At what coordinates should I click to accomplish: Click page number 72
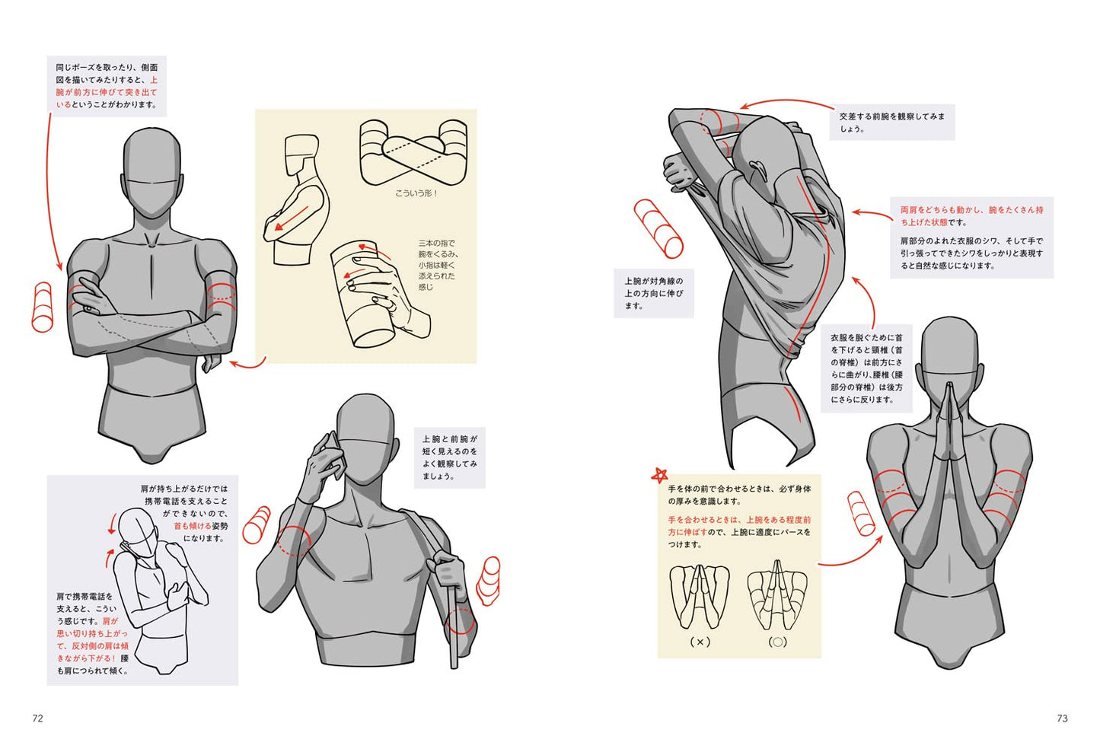point(38,719)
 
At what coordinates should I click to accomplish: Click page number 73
point(1062,719)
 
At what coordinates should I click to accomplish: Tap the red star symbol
point(659,475)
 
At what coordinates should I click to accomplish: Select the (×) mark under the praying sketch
point(700,642)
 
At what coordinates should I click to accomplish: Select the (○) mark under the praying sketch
point(777,642)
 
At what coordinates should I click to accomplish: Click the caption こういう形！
point(416,193)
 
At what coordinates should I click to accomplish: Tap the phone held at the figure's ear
point(336,455)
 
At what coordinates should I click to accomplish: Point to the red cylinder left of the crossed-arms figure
point(42,307)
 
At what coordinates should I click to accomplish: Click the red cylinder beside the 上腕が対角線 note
point(658,228)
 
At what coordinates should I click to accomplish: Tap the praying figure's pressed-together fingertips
point(949,387)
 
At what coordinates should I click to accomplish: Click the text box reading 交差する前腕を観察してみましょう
point(891,123)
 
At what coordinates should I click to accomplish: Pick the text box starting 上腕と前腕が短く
point(449,457)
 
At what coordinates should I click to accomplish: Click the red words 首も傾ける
point(193,526)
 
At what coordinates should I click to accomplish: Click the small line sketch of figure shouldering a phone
point(160,589)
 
